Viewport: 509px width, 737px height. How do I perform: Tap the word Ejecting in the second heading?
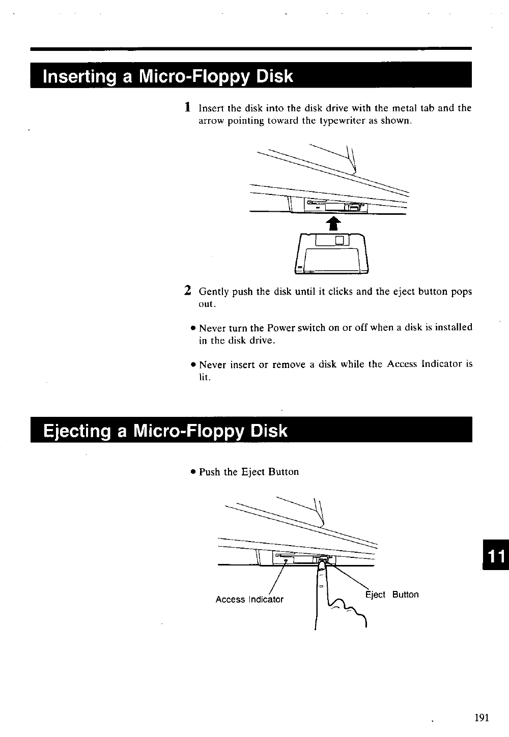click(x=77, y=431)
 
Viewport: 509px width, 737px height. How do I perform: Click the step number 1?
click(x=188, y=107)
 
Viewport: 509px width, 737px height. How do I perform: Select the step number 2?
click(x=188, y=291)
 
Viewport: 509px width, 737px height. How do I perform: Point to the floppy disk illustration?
click(x=332, y=253)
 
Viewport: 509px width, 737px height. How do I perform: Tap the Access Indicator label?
click(x=249, y=599)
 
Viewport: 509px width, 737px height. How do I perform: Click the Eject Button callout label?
click(x=392, y=594)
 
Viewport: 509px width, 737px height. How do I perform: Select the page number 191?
click(x=481, y=718)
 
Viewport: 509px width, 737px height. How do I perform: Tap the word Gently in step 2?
click(x=214, y=292)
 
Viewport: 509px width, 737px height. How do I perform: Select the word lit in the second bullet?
click(x=204, y=377)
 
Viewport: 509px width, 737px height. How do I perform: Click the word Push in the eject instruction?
click(x=210, y=472)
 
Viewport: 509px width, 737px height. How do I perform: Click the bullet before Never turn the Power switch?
click(x=193, y=328)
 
